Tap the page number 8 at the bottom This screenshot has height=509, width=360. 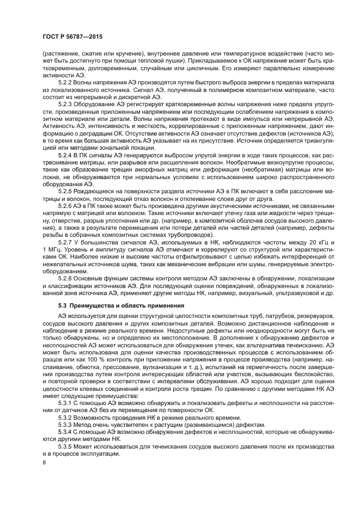[x=44, y=463]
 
